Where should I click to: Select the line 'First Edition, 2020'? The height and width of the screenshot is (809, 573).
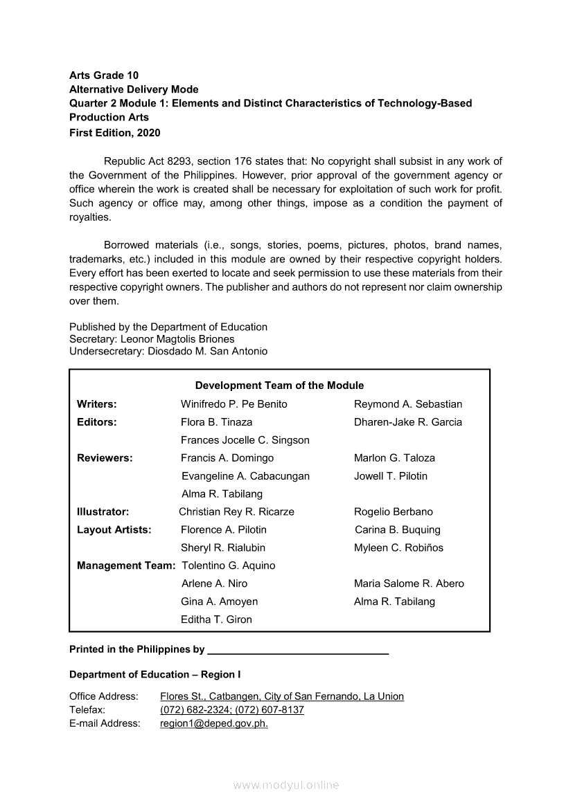(x=114, y=132)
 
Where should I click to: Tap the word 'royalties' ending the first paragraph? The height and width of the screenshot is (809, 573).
(x=89, y=217)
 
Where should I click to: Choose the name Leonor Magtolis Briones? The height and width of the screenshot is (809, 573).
(x=177, y=339)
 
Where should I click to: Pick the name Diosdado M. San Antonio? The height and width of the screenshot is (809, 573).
(x=209, y=352)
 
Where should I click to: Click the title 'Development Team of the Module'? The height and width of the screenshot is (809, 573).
(x=279, y=385)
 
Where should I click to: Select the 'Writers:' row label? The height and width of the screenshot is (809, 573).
(x=97, y=404)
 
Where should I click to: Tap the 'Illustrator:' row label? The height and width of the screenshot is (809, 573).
(x=103, y=512)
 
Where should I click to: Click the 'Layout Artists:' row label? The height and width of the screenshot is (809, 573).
(x=114, y=530)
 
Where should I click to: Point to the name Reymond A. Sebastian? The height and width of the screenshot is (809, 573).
(x=408, y=404)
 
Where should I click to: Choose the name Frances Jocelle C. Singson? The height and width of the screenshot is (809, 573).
(x=245, y=440)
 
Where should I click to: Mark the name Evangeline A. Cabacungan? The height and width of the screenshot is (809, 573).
(x=245, y=476)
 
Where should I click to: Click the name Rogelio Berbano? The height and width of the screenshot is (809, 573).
(x=394, y=512)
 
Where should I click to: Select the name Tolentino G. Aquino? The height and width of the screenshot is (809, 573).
(x=228, y=566)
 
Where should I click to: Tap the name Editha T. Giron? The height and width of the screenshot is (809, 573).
(x=216, y=620)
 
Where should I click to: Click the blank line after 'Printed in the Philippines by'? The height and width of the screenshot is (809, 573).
(x=298, y=650)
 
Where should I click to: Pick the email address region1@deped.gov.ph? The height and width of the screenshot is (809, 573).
(x=214, y=724)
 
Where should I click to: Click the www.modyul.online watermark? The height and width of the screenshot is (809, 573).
(x=286, y=785)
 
